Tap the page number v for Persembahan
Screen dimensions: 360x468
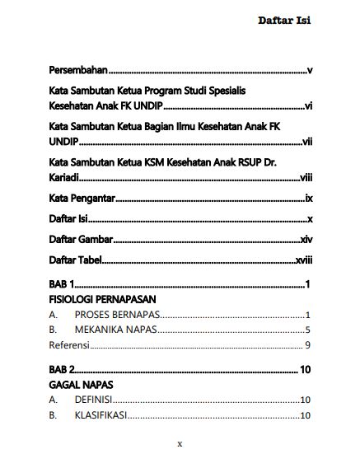pyautogui.click(x=308, y=72)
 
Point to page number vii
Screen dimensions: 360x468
pyautogui.click(x=306, y=142)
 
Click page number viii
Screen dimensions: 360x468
pyautogui.click(x=305, y=176)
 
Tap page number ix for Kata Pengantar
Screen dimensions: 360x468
pyautogui.click(x=307, y=199)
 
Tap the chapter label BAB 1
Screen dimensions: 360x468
pyautogui.click(x=62, y=284)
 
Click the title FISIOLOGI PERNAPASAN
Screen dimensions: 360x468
pyautogui.click(x=102, y=300)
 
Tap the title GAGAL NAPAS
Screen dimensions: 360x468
pyautogui.click(x=81, y=385)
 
